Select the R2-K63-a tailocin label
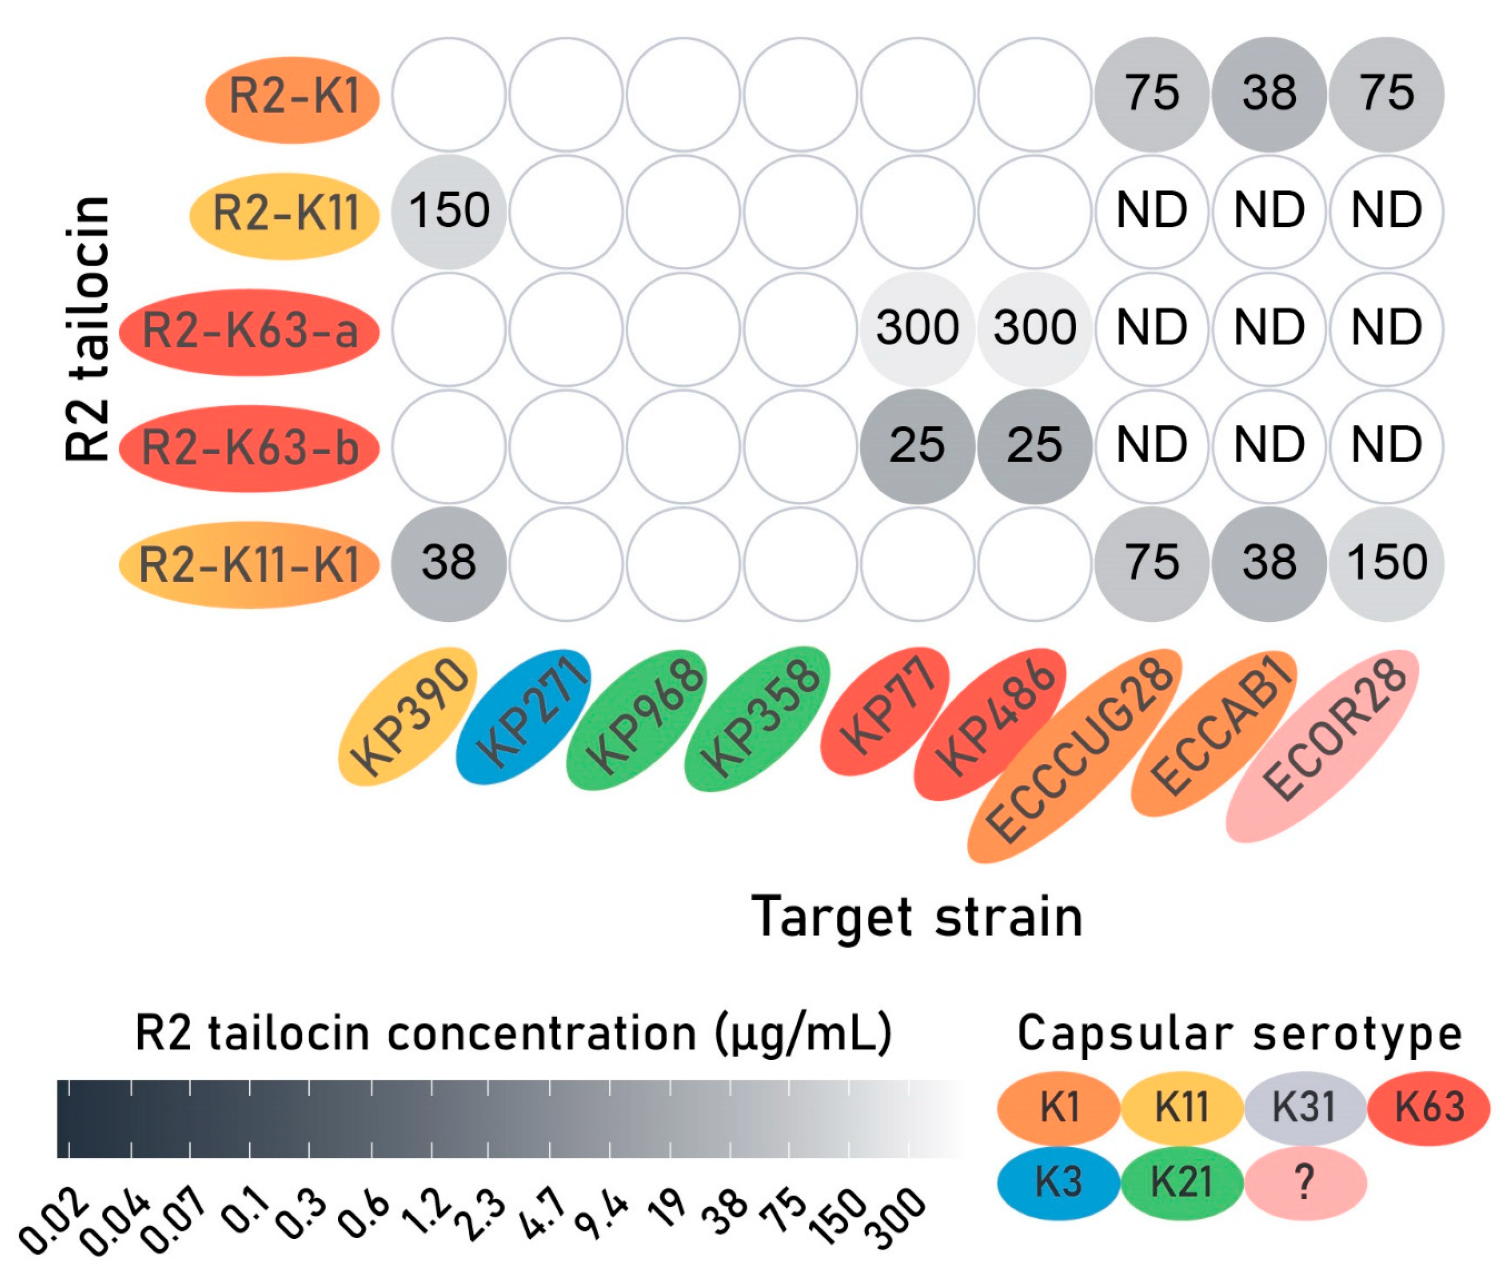point(249,331)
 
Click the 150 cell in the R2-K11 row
point(449,211)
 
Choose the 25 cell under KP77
point(917,445)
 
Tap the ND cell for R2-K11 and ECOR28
point(1386,211)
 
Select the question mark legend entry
point(1304,1182)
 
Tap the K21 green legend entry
point(1182,1182)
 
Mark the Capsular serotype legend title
point(1240,1035)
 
